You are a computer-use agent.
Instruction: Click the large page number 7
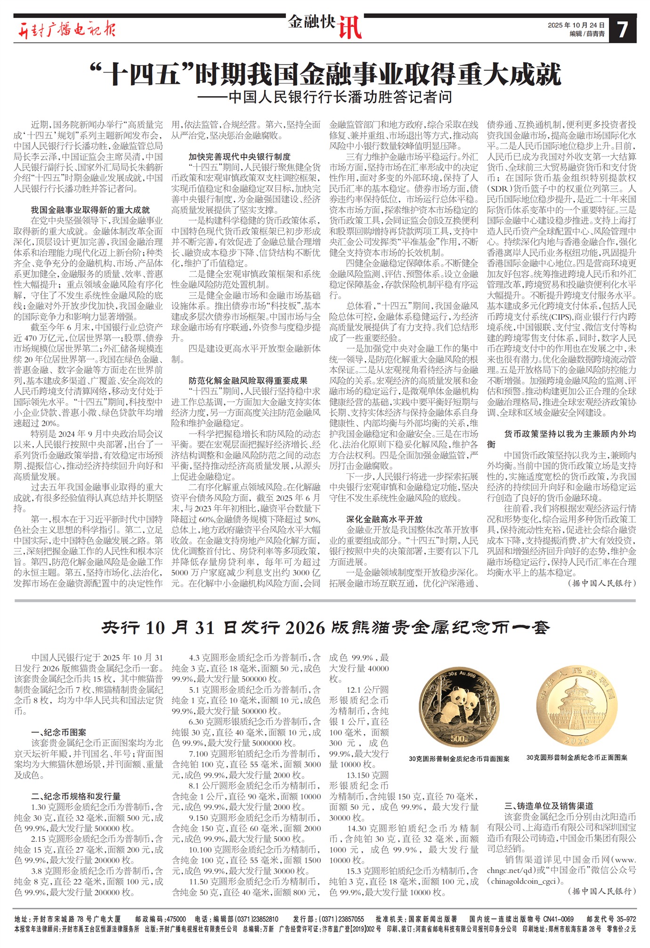pos(622,29)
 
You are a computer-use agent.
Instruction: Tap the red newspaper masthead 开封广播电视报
pos(66,29)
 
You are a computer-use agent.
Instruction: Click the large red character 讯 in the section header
pos(349,28)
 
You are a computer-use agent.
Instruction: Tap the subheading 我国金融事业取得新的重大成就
pos(90,210)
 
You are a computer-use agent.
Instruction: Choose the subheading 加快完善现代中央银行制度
pos(239,157)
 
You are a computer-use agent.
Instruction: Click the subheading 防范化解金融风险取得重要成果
pos(248,381)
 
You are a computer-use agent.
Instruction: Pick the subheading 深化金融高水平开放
pos(384,519)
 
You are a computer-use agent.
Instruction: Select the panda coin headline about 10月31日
pos(325,627)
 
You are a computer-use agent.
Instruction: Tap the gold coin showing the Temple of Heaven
pos(577,707)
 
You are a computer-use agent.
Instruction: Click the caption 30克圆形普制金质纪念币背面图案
pos(459,758)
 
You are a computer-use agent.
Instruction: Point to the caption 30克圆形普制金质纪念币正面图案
pos(577,757)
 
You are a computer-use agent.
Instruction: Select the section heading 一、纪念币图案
pos(58,732)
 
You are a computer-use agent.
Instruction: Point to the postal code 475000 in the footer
pos(177,919)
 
